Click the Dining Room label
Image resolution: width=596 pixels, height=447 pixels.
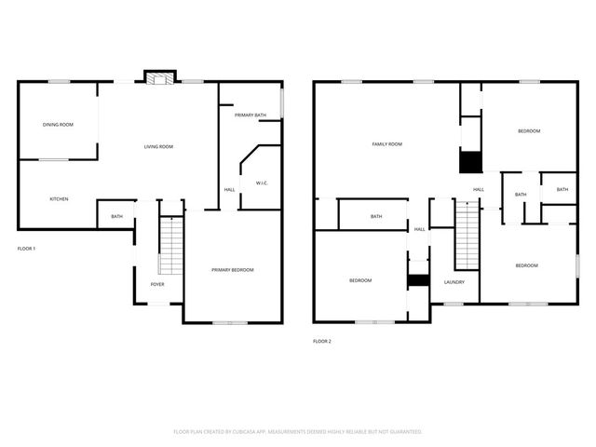[x=58, y=124]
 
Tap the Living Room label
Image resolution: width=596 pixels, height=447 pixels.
[x=158, y=146]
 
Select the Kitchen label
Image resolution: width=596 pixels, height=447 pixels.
[x=59, y=198]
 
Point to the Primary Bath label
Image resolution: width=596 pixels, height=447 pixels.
[x=251, y=115]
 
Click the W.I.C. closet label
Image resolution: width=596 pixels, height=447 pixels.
[x=261, y=183]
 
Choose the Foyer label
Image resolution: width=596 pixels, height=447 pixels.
[x=158, y=284]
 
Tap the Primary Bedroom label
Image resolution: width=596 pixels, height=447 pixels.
[x=232, y=269]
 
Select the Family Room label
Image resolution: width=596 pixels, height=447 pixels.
[x=386, y=143]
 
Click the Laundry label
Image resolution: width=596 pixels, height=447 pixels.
[x=454, y=282]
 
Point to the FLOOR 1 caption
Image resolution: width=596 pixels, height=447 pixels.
[x=26, y=249]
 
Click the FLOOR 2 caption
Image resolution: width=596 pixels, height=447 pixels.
[x=321, y=341]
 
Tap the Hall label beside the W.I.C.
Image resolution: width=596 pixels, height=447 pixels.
[x=229, y=190]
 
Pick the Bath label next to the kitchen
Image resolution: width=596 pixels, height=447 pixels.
[x=116, y=217]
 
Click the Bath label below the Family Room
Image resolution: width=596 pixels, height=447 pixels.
[x=376, y=217]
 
